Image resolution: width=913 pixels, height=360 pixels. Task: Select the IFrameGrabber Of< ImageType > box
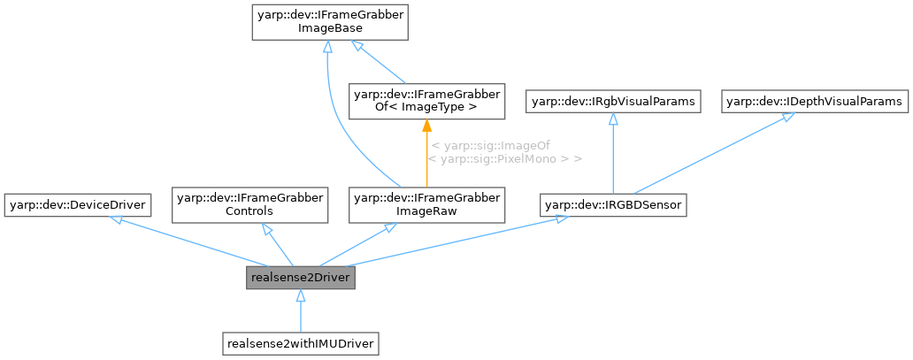(427, 100)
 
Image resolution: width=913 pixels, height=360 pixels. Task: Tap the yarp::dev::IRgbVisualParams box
(612, 102)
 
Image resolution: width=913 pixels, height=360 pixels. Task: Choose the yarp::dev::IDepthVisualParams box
(815, 102)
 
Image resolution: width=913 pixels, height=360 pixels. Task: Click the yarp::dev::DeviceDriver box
(76, 205)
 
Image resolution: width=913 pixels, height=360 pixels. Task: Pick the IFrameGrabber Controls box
(251, 205)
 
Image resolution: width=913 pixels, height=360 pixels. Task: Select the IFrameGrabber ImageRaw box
(427, 205)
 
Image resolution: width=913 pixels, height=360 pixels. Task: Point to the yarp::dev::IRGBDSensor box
(613, 205)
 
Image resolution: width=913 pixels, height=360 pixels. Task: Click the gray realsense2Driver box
(301, 278)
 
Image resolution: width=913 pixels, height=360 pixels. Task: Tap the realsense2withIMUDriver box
(301, 341)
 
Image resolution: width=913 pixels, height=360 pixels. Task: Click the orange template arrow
(427, 155)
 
